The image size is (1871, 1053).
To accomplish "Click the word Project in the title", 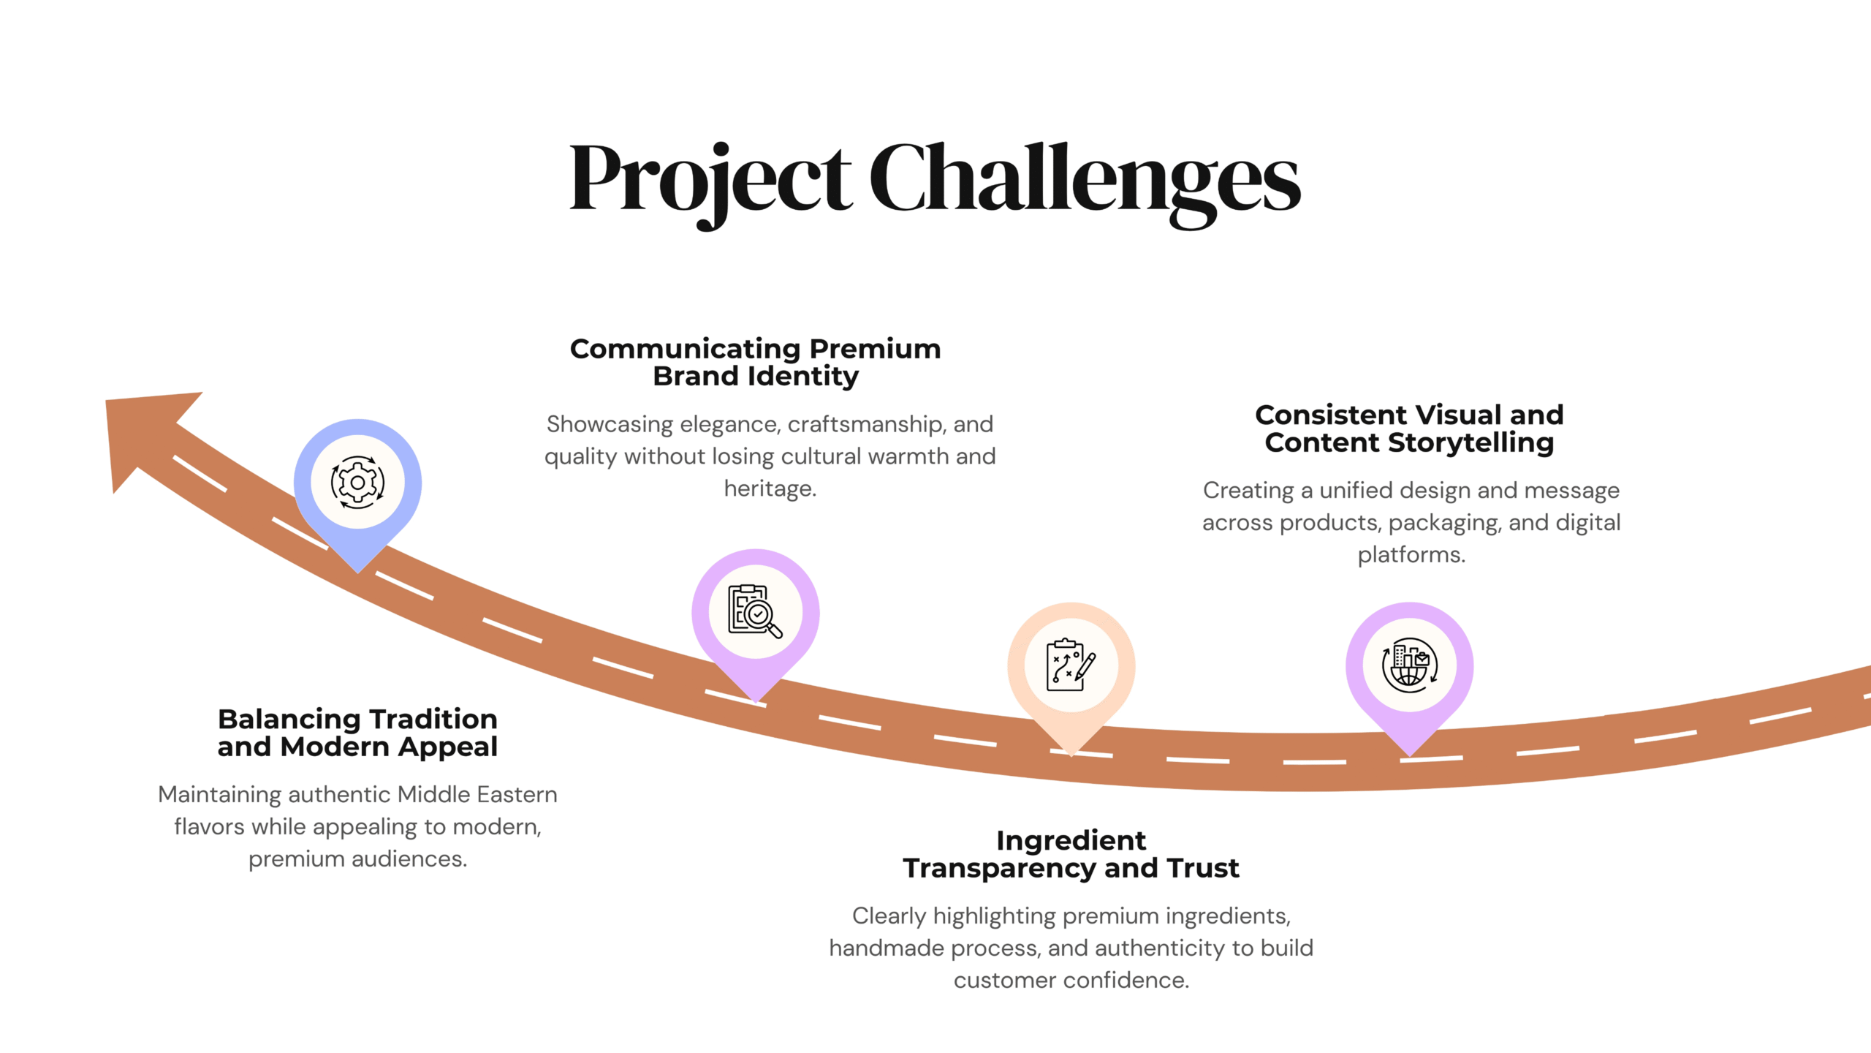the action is pos(710,183).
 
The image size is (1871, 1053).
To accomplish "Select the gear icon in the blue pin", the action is pos(357,483).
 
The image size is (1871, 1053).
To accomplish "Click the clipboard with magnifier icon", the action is pos(755,611).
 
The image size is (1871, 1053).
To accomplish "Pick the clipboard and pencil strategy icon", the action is pos(1071,665).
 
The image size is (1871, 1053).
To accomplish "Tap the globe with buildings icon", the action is pos(1409,665).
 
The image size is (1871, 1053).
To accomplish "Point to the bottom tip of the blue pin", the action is pos(357,573).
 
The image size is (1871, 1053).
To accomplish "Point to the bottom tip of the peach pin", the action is pos(1071,755).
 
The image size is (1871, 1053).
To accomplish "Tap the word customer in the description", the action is pos(1006,981).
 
